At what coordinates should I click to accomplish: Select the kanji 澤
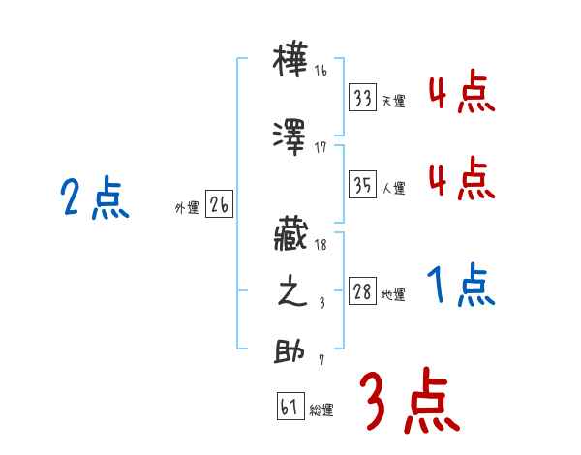pyautogui.click(x=291, y=138)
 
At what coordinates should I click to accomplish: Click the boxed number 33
pyautogui.click(x=363, y=99)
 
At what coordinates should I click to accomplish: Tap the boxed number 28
pyautogui.click(x=362, y=292)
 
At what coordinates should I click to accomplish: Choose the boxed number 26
pyautogui.click(x=219, y=204)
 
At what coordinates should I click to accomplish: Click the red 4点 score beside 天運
pyautogui.click(x=461, y=93)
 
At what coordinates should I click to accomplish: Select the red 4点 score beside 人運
pyautogui.click(x=461, y=178)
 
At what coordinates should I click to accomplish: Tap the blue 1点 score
pyautogui.click(x=461, y=287)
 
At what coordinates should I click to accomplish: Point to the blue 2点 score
pyautogui.click(x=95, y=199)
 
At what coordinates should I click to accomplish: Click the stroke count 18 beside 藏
pyautogui.click(x=321, y=247)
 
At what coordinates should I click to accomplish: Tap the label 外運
pyautogui.click(x=187, y=208)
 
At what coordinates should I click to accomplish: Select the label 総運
pyautogui.click(x=321, y=411)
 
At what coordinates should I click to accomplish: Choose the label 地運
pyautogui.click(x=393, y=295)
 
